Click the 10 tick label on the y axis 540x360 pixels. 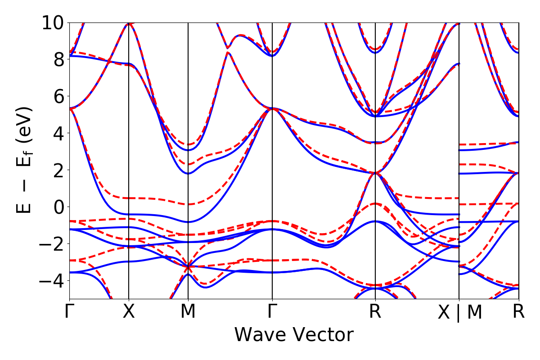tap(53, 22)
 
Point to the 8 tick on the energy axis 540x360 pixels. tap(58, 59)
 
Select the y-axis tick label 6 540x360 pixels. tap(58, 96)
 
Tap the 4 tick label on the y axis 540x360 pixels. tap(58, 133)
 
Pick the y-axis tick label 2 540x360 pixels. tap(58, 170)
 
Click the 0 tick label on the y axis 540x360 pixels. tap(58, 207)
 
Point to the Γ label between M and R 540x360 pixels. tap(272, 312)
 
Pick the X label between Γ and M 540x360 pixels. tap(129, 312)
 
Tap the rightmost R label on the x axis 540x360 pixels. tap(519, 312)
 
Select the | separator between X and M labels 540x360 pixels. tap(459, 312)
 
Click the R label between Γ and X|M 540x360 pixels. tap(375, 312)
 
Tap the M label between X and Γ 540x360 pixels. tap(188, 312)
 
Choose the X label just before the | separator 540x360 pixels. tap(444, 312)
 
